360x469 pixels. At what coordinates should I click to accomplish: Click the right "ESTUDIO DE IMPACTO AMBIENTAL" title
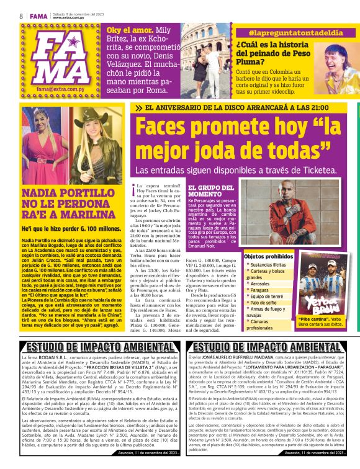pos(268,347)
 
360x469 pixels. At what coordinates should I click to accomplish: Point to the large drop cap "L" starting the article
pos(133,189)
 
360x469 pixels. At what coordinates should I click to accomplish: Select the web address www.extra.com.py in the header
pos(69,17)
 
